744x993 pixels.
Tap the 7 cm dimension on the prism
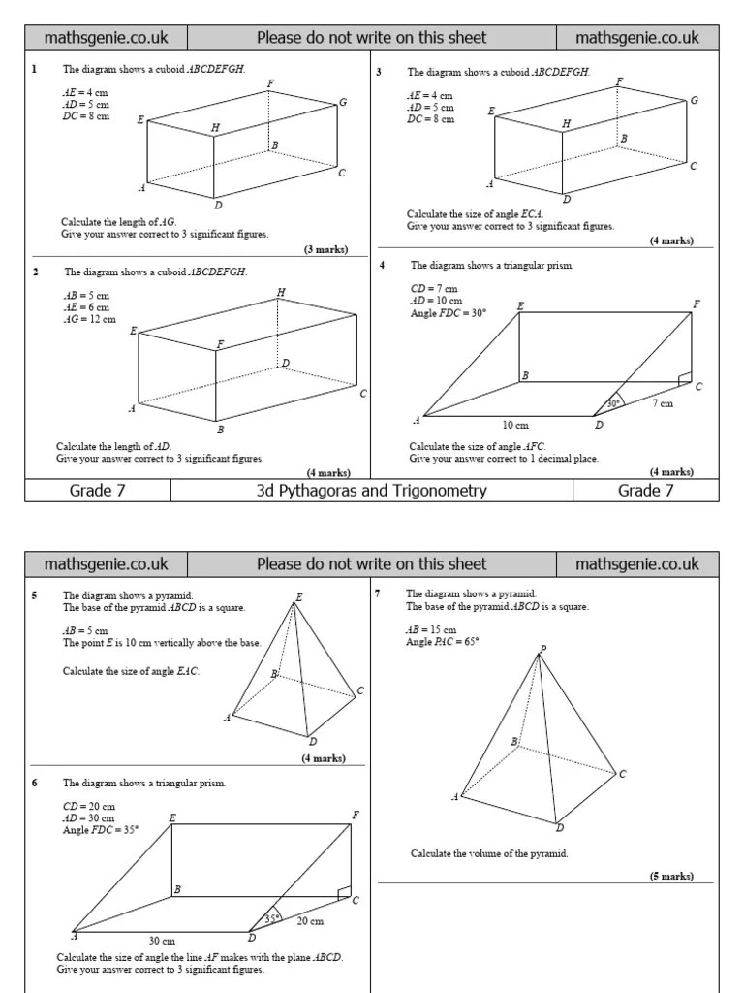(664, 403)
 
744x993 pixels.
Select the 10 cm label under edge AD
(514, 424)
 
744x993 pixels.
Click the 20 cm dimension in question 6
(310, 920)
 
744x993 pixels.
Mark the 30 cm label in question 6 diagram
(162, 941)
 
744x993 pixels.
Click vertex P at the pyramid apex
(542, 649)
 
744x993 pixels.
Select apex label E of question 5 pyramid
(298, 597)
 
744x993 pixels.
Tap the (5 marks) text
(671, 876)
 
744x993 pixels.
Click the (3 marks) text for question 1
(325, 249)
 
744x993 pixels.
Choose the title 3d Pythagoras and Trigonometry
(371, 491)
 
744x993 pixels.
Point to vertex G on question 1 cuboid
(343, 102)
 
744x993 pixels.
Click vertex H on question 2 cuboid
(281, 292)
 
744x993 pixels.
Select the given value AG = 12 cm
(89, 318)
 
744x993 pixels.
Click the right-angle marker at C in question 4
(686, 376)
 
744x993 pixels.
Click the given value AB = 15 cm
(431, 630)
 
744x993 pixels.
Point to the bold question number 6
(35, 783)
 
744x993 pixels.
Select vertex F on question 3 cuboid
(619, 82)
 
